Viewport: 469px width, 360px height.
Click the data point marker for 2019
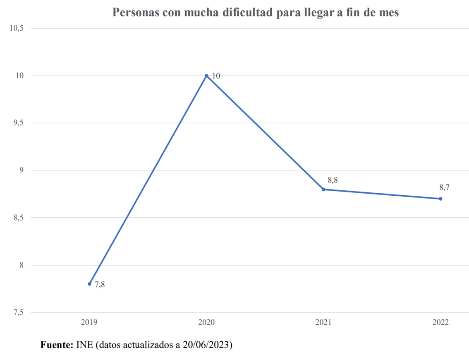pos(89,284)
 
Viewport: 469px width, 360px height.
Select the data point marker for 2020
pos(206,76)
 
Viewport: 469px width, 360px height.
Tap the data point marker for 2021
pos(323,190)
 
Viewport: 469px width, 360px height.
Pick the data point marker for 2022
pos(440,199)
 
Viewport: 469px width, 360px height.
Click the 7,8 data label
pos(100,285)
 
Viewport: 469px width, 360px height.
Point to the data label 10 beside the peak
pos(216,76)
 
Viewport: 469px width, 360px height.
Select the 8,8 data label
pos(333,180)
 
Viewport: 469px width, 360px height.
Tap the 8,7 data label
pos(444,187)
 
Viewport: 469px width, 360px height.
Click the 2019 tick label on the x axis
pos(89,322)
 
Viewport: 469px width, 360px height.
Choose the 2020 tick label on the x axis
pos(206,322)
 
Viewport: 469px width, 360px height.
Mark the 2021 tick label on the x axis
pos(323,322)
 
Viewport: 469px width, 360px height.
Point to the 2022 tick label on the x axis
pos(440,322)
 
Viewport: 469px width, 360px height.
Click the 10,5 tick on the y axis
pos(17,28)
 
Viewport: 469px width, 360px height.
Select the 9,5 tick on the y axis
pos(19,123)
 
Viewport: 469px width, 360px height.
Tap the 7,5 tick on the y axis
pos(19,312)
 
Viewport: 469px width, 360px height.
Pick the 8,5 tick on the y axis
pos(19,218)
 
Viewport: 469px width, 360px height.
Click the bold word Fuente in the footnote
pos(57,344)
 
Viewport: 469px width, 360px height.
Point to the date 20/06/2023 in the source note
pos(206,344)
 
